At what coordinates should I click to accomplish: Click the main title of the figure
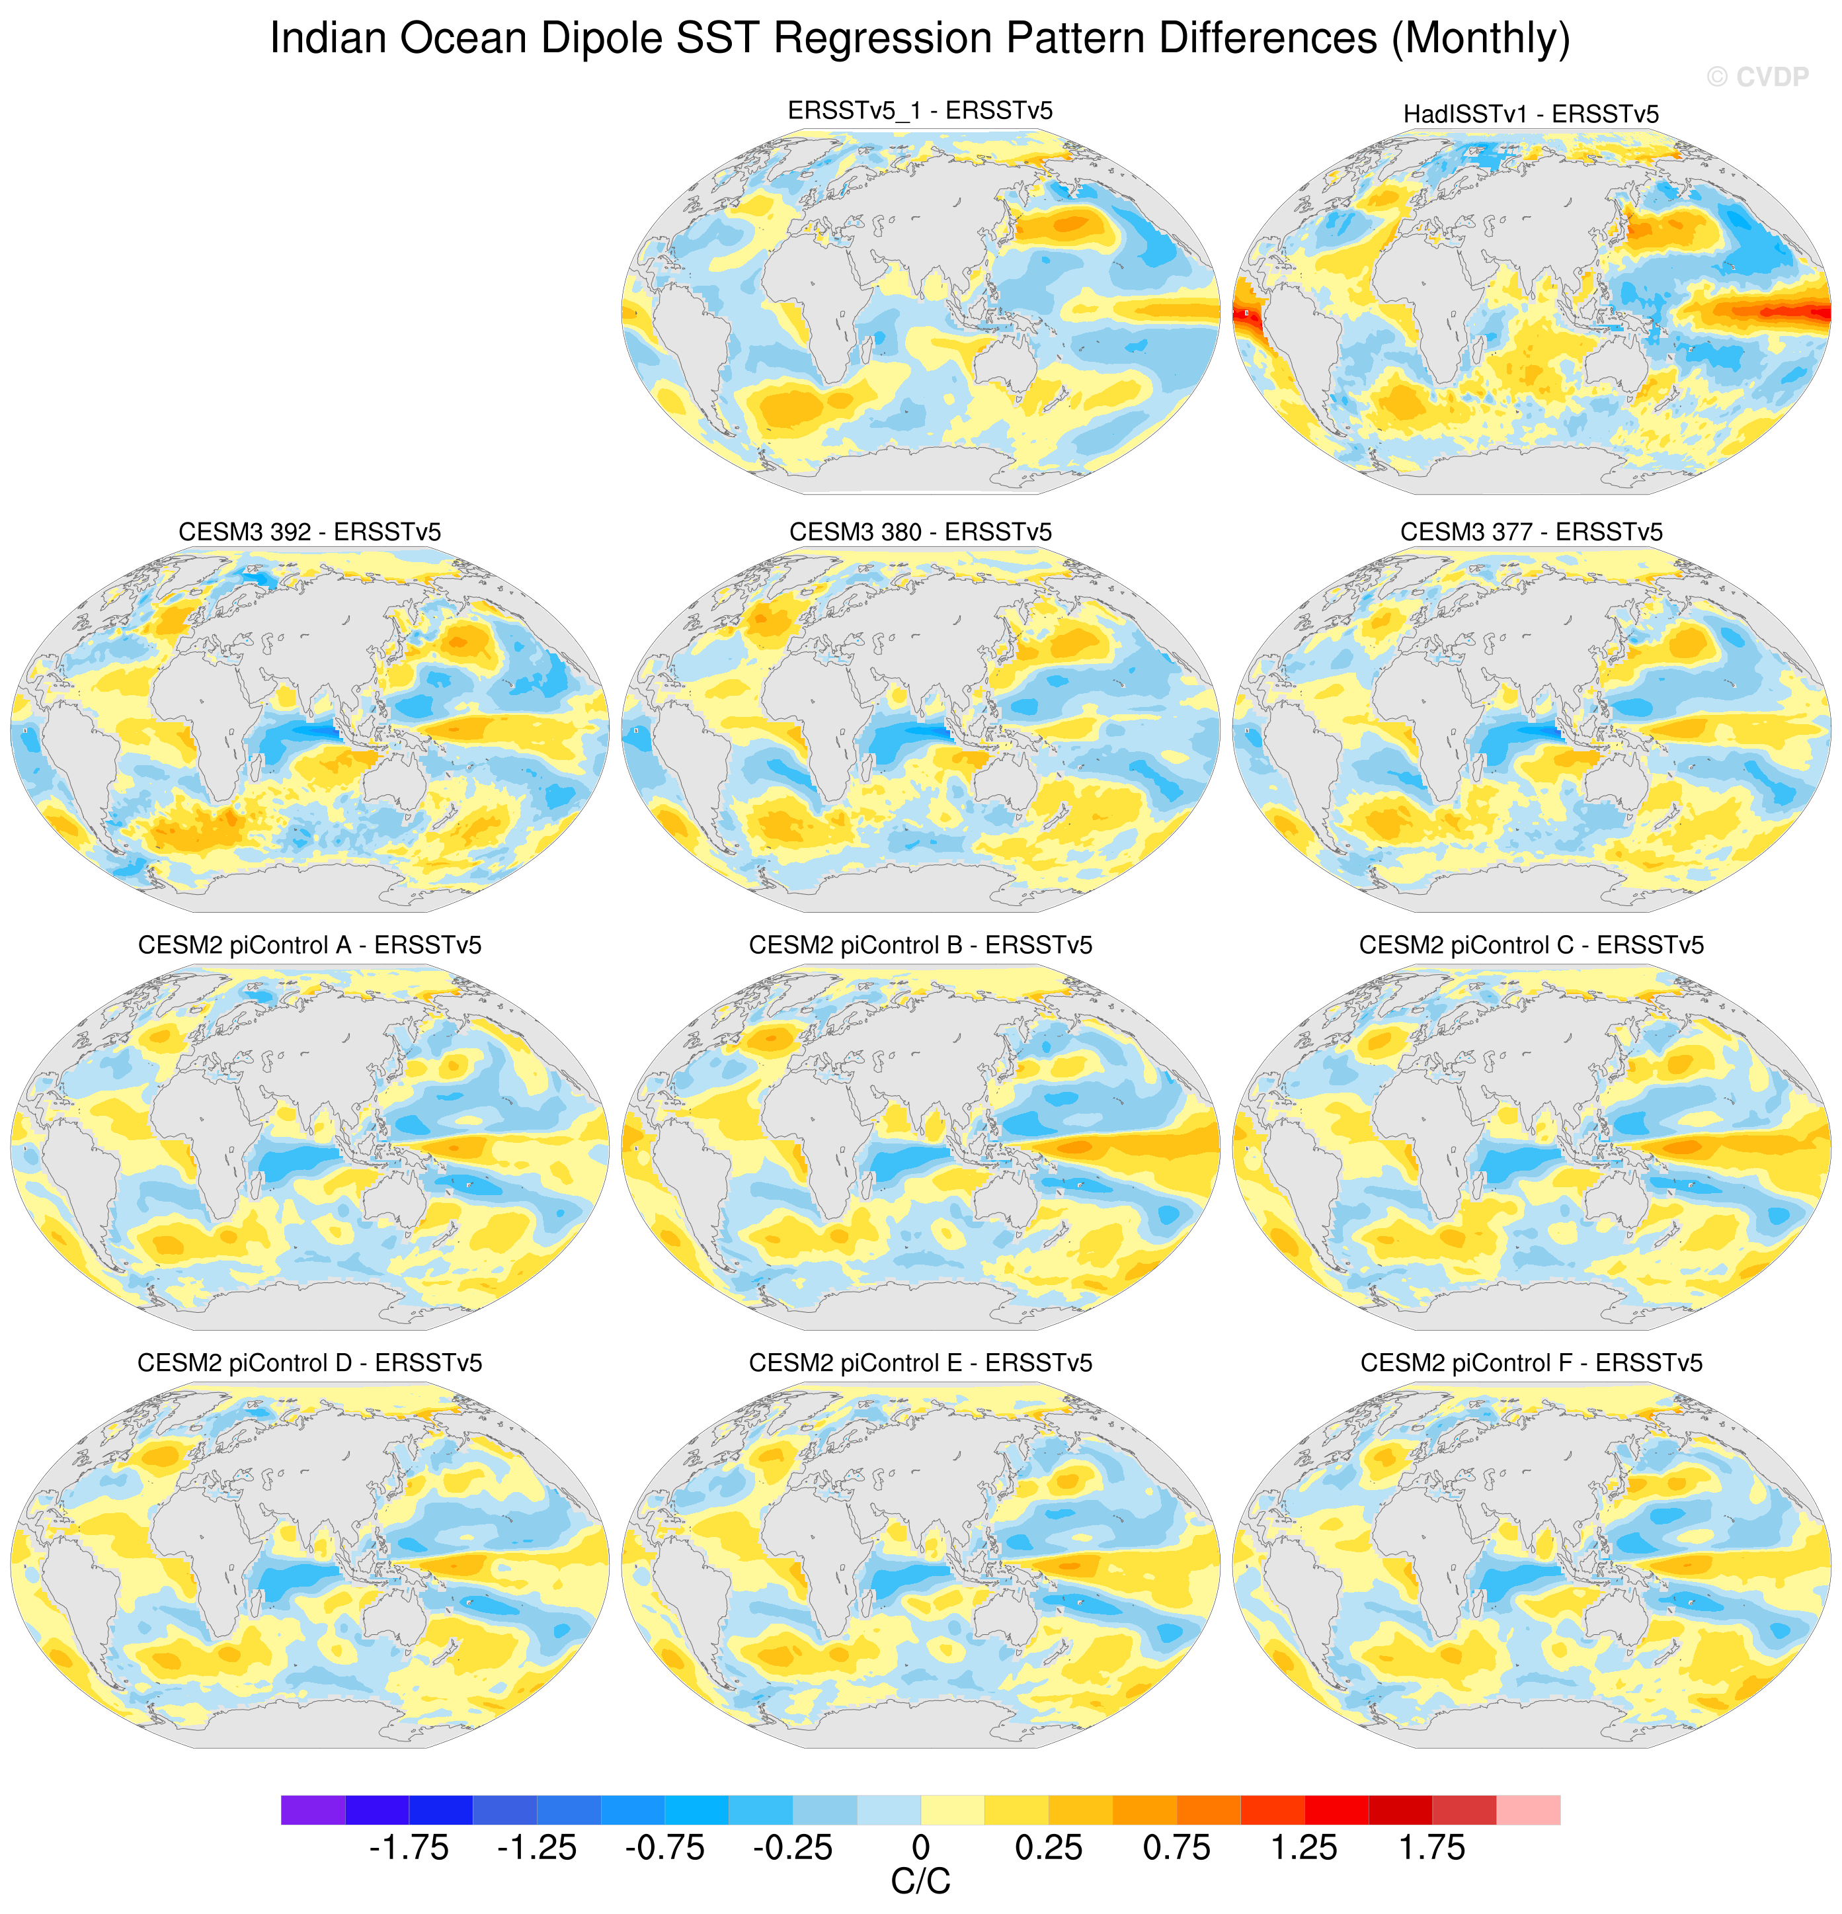click(x=920, y=39)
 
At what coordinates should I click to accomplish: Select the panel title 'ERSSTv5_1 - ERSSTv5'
click(x=920, y=110)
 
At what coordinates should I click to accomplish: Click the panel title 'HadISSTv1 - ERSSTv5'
click(x=1531, y=114)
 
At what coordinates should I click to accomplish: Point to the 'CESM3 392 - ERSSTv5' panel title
click(x=309, y=532)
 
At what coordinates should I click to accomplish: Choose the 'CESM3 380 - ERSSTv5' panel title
click(x=920, y=532)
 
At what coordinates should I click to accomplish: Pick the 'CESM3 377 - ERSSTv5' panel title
click(x=1531, y=532)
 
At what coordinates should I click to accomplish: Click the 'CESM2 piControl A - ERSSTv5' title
click(x=309, y=945)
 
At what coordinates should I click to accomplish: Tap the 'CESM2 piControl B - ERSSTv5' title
click(x=920, y=945)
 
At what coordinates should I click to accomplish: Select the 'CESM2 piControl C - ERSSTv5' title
click(x=1531, y=945)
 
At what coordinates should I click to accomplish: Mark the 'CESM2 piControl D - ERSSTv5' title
click(x=309, y=1363)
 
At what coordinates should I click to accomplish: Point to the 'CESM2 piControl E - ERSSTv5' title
click(x=920, y=1363)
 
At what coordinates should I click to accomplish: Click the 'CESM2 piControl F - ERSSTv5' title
click(x=1531, y=1363)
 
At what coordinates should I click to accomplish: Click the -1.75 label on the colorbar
click(x=408, y=1848)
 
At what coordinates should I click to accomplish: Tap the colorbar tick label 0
click(x=920, y=1848)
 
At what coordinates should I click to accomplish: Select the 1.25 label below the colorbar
click(x=1304, y=1848)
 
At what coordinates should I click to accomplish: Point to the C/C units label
click(x=920, y=1882)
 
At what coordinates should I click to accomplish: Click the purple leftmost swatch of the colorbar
click(x=312, y=1810)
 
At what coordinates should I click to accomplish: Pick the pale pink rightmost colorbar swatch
click(x=1528, y=1810)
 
